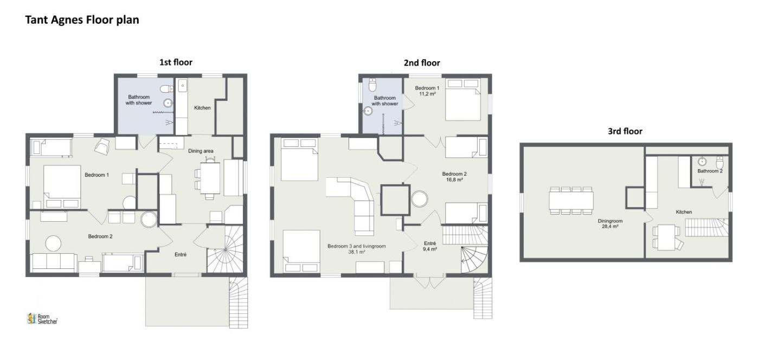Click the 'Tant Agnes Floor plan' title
pyautogui.click(x=82, y=20)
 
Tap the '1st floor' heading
pyautogui.click(x=176, y=62)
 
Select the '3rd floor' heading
pyautogui.click(x=625, y=131)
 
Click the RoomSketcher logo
pyautogui.click(x=42, y=319)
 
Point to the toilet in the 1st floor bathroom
pyautogui.click(x=167, y=89)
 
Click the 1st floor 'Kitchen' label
pyautogui.click(x=202, y=108)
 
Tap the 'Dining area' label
pyautogui.click(x=201, y=151)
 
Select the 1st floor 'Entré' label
pyautogui.click(x=180, y=254)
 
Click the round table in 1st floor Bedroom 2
pyautogui.click(x=54, y=243)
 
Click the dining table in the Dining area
pyautogui.click(x=210, y=178)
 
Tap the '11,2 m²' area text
pyautogui.click(x=427, y=94)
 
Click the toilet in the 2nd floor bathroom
pyautogui.click(x=372, y=85)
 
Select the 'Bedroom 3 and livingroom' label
pyautogui.click(x=357, y=246)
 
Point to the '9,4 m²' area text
pyautogui.click(x=429, y=249)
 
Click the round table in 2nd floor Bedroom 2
pyautogui.click(x=420, y=199)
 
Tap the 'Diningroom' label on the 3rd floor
pyautogui.click(x=610, y=221)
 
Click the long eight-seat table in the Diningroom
pyautogui.click(x=571, y=201)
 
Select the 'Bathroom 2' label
pyautogui.click(x=710, y=171)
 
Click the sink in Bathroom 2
pyautogui.click(x=702, y=162)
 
